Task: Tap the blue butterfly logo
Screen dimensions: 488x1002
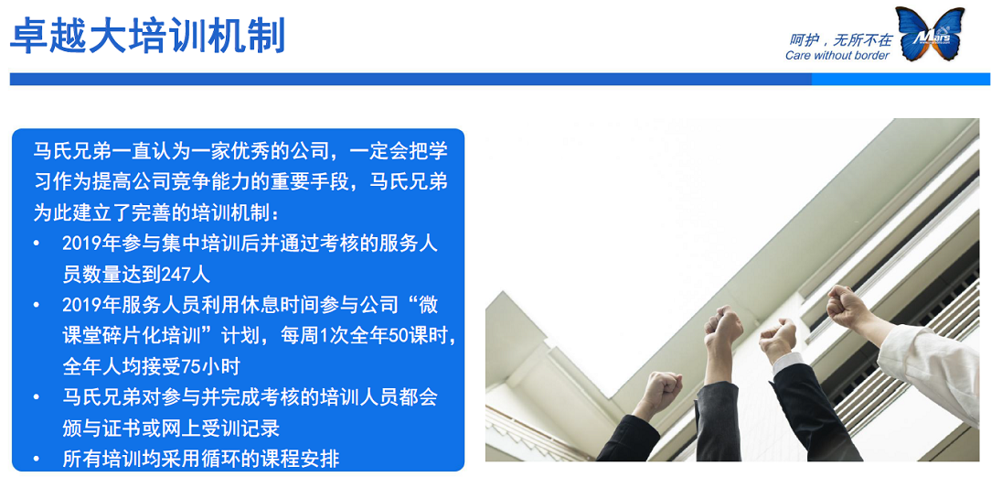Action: click(x=930, y=35)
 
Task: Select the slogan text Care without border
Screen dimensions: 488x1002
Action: click(x=837, y=56)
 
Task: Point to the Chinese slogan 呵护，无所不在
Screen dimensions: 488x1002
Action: click(x=839, y=39)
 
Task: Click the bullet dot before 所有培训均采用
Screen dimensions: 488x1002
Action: click(x=36, y=459)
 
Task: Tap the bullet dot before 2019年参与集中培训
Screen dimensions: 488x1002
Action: click(x=36, y=244)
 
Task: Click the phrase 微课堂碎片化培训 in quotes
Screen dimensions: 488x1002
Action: click(x=137, y=335)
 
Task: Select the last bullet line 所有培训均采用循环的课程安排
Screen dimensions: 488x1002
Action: click(x=200, y=459)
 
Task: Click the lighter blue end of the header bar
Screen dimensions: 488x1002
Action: click(x=900, y=79)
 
